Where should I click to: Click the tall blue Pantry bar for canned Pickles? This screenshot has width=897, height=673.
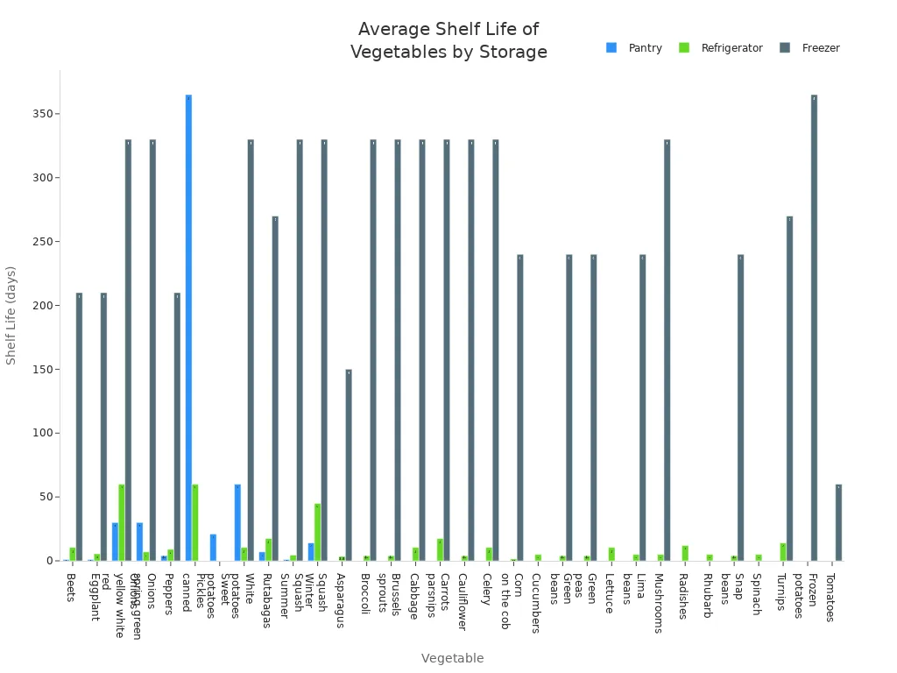[x=188, y=328]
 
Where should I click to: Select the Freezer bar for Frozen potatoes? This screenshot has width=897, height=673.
[x=814, y=328]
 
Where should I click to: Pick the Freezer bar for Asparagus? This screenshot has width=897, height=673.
[x=348, y=465]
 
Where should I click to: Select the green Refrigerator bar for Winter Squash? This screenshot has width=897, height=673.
[x=317, y=532]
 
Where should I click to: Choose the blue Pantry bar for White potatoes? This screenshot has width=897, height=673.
[x=237, y=522]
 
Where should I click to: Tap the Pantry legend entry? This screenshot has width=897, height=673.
[x=635, y=48]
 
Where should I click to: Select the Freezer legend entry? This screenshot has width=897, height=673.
[x=810, y=48]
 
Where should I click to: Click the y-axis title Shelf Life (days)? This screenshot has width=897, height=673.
[x=11, y=315]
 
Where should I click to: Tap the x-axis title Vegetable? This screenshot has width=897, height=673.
[x=452, y=658]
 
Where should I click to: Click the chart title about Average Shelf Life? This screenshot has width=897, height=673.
[x=448, y=41]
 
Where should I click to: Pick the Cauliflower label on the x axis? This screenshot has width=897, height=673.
[x=462, y=601]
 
